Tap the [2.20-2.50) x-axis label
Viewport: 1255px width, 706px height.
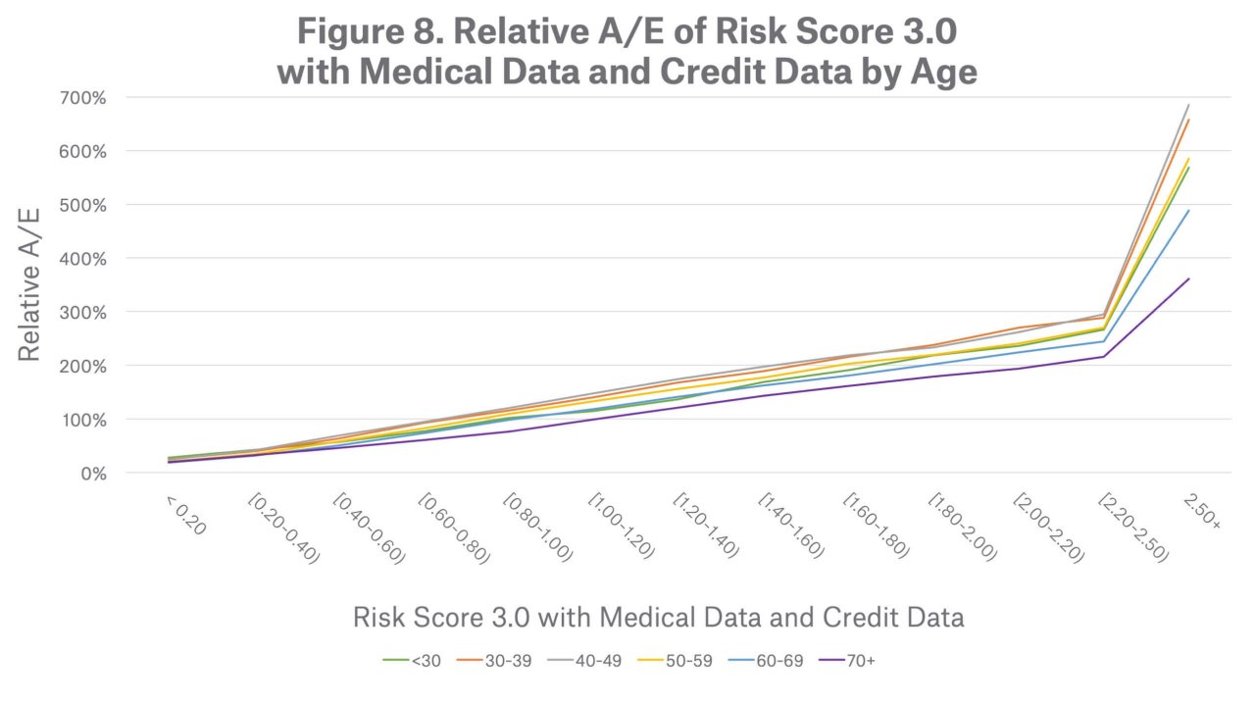[1133, 528]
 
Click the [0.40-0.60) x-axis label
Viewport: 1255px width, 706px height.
[367, 528]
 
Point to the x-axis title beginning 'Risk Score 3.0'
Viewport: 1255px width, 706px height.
[657, 617]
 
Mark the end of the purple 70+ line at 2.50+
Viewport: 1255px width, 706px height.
[1189, 278]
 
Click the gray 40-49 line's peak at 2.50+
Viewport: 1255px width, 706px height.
[1189, 105]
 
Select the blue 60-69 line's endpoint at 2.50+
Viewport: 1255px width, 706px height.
[1189, 210]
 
